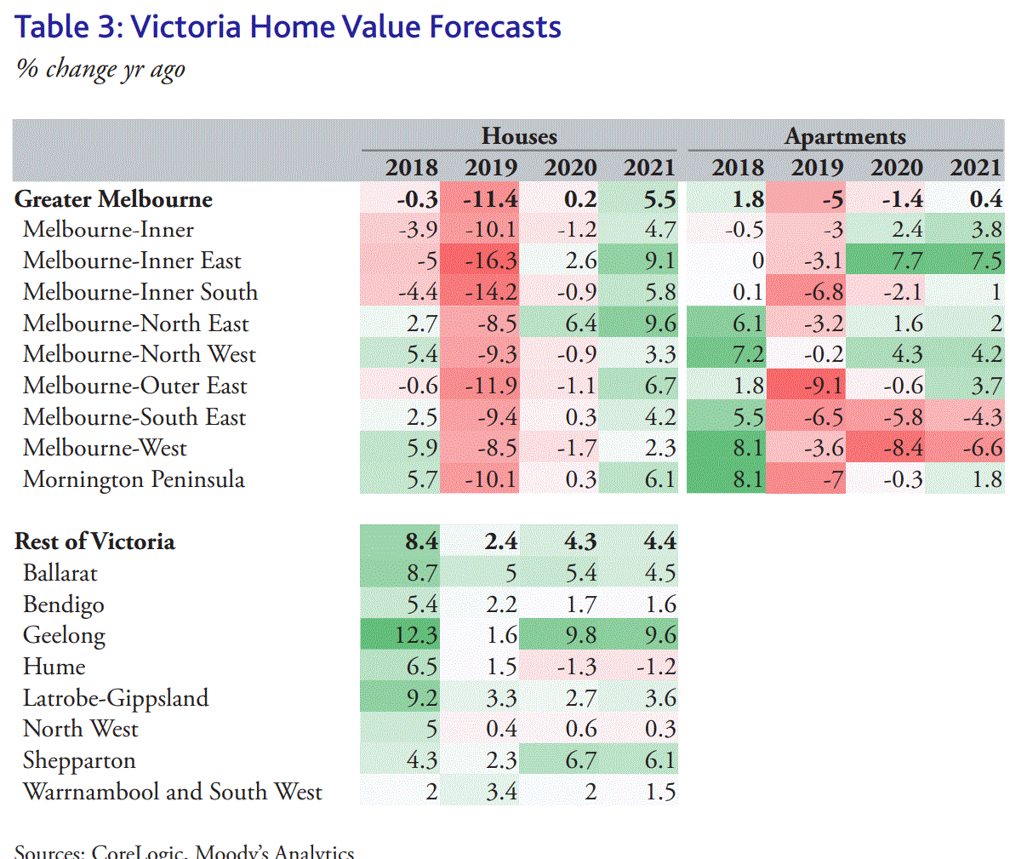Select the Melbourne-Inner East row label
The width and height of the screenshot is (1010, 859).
point(132,261)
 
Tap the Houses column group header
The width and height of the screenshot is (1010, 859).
point(519,136)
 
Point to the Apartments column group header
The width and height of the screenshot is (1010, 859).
point(845,136)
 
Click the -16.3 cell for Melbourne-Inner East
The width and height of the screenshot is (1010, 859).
point(492,261)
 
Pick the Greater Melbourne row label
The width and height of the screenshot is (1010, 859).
point(113,199)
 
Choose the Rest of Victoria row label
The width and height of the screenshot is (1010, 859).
point(94,542)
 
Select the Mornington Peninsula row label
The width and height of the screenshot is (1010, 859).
point(134,480)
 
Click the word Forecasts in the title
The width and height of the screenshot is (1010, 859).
point(494,27)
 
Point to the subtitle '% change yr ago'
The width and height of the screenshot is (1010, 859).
point(100,69)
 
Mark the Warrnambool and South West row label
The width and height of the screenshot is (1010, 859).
point(173,793)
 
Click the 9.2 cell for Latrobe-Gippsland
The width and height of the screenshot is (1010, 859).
point(421,699)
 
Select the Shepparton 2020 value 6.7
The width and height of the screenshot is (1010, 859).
point(580,761)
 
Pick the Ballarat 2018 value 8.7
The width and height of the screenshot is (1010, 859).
point(421,574)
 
